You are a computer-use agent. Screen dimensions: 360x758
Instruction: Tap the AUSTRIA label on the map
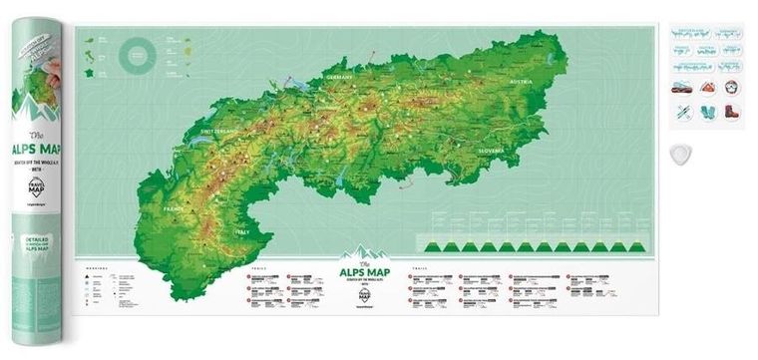coord(523,82)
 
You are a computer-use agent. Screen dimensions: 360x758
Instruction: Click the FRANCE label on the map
coord(176,211)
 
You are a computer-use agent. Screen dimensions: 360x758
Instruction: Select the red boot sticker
coord(731,113)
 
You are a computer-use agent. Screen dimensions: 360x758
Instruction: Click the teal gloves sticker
coord(706,113)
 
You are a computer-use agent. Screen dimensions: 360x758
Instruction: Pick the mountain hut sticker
coord(706,89)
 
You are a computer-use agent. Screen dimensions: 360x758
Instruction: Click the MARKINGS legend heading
coord(97,266)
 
